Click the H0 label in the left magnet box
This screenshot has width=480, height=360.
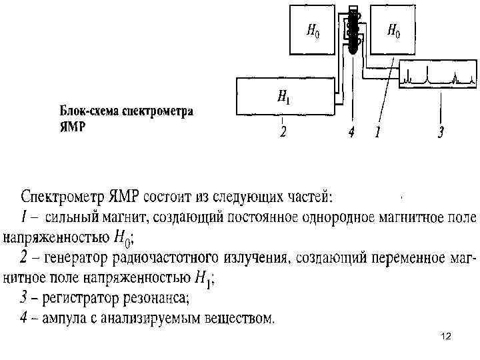(x=312, y=31)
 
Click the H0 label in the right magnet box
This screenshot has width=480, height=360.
(x=393, y=31)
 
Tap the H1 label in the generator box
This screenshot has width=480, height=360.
(x=283, y=98)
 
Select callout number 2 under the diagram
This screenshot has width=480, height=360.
(x=283, y=133)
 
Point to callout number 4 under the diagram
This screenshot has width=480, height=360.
(x=351, y=133)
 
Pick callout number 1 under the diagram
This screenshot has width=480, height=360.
(x=377, y=133)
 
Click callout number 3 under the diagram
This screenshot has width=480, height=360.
(x=441, y=133)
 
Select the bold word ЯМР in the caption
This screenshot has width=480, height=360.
(x=73, y=127)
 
